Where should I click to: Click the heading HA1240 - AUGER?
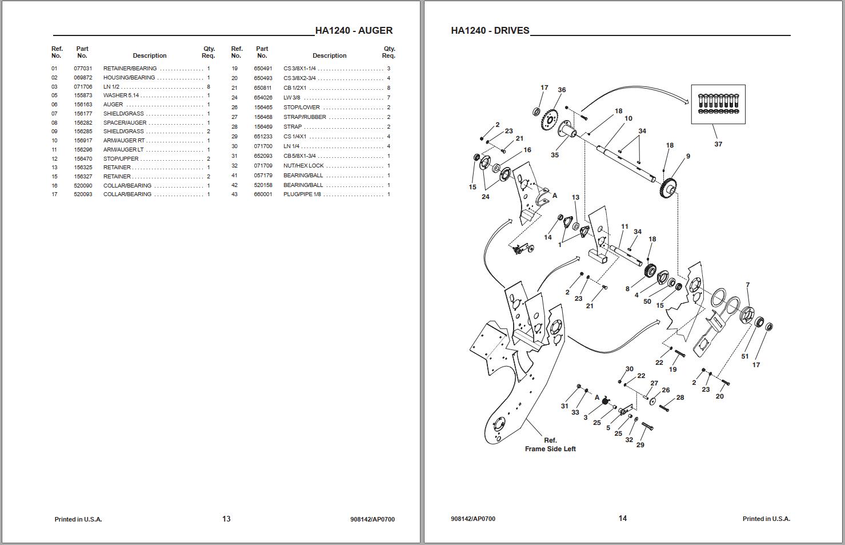pos(354,31)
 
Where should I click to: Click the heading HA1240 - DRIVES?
pos(490,31)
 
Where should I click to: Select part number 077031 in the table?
pos(83,69)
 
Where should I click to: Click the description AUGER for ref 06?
pos(113,105)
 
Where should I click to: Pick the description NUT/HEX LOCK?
pos(303,166)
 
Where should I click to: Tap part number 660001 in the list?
pos(263,194)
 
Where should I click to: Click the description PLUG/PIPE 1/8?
pos(302,194)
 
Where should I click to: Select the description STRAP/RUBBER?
pos(305,117)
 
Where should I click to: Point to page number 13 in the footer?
pos(226,519)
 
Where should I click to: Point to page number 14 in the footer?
pos(622,518)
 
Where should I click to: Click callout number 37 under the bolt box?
pos(718,144)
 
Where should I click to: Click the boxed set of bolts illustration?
pos(718,104)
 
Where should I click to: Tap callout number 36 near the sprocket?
pos(562,90)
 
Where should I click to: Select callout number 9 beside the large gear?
pos(688,156)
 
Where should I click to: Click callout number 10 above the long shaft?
pos(628,118)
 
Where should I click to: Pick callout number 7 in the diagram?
pos(747,285)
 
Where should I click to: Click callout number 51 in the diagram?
pos(744,356)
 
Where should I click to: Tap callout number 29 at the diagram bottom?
pos(640,445)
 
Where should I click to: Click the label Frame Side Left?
pos(550,449)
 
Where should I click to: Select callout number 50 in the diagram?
pos(647,301)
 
